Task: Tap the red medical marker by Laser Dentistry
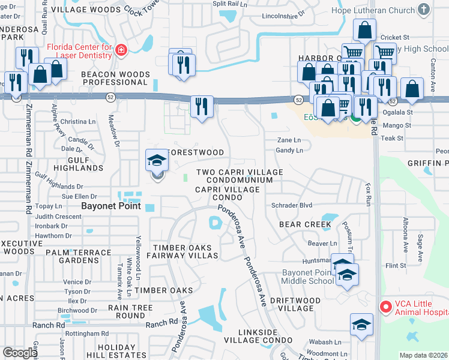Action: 121,50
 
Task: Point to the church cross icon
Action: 424,10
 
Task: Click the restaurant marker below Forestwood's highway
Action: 202,107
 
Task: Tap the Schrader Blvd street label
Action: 292,205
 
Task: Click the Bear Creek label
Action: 305,224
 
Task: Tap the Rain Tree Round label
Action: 126,311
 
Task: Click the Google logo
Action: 19,353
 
